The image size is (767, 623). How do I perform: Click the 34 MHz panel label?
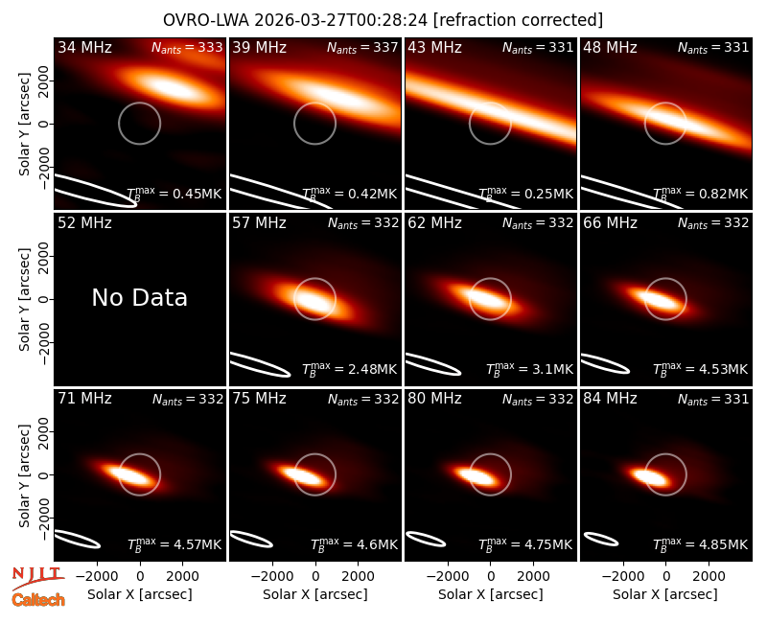[x=84, y=47]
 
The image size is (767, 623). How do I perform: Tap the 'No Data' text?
[x=139, y=298]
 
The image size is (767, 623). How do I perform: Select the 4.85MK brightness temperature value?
[x=700, y=543]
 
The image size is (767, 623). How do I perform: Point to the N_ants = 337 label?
[x=362, y=47]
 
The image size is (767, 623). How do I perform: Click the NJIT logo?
[x=37, y=577]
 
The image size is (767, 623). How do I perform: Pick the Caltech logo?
[x=38, y=600]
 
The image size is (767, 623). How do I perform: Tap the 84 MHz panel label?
[x=610, y=399]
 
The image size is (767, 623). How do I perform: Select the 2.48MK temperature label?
[x=349, y=369]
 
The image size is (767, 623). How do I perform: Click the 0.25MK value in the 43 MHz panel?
[x=525, y=194]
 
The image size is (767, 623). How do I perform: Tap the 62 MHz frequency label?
[x=435, y=223]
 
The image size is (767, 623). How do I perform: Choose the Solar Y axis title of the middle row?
[x=24, y=299]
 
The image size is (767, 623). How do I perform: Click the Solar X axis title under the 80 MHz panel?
[x=491, y=594]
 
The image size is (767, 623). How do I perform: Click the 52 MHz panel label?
[x=84, y=223]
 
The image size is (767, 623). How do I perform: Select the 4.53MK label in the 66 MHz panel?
[x=700, y=369]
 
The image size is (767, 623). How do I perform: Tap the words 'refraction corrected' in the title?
[x=518, y=20]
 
